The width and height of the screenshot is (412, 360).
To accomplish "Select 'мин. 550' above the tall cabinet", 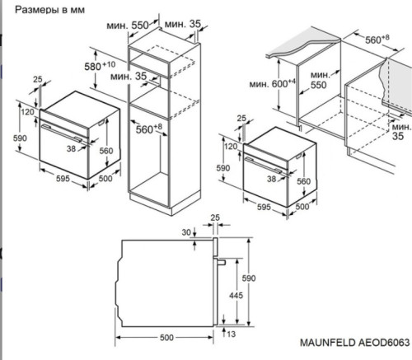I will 128,26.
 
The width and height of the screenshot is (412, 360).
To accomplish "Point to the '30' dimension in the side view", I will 186,232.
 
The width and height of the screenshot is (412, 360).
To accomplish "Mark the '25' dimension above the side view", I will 214,218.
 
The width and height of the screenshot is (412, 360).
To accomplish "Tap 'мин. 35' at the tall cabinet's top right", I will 182,26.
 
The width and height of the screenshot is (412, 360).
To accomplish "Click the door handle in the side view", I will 222,260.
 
